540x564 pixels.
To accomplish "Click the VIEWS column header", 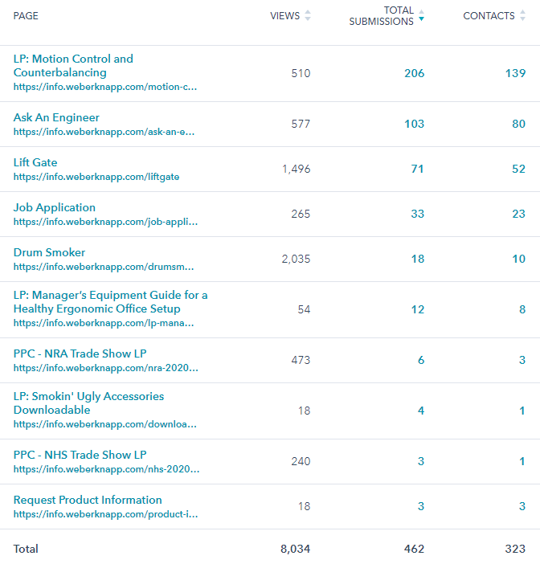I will pos(284,16).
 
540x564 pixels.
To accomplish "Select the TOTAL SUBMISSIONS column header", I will pos(381,16).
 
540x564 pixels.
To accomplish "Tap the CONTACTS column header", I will pos(489,16).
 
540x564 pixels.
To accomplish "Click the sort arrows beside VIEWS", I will pos(308,16).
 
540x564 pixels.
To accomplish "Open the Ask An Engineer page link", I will pos(56,117).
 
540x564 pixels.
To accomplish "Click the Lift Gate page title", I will pos(35,162).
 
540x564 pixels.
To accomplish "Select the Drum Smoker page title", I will pos(49,252).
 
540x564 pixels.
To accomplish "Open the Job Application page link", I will pos(55,207).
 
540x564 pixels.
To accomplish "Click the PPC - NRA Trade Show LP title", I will pos(80,354).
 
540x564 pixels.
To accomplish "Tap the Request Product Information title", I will pos(88,500).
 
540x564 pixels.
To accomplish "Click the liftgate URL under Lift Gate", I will pos(96,177).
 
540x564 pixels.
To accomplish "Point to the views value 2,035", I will pos(295,259).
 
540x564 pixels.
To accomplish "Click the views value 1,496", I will pos(295,169).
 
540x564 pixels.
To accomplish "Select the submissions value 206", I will pos(414,73).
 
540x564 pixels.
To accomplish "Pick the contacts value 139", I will pos(515,73).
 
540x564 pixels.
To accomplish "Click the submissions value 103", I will pos(414,124).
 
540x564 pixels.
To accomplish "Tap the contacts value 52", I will pos(518,169).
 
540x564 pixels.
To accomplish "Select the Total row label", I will pos(26,549).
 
